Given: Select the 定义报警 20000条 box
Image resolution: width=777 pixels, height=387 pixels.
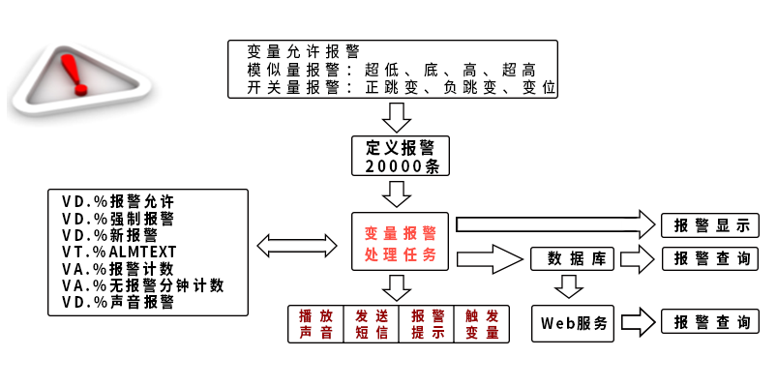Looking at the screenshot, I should tap(401, 156).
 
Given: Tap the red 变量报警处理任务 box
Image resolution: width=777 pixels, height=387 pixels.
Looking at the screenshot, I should tap(401, 243).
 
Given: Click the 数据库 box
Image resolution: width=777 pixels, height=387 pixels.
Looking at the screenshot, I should tap(570, 258).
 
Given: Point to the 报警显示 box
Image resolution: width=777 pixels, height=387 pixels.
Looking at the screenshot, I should tap(710, 225).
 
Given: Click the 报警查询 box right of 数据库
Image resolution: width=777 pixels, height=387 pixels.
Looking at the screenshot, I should tap(710, 258).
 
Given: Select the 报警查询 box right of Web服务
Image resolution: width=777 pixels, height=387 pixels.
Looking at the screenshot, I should tap(710, 323).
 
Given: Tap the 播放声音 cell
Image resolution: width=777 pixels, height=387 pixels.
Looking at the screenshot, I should tap(316, 324).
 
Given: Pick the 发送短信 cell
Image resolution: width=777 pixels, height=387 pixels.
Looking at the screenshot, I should tap(372, 324).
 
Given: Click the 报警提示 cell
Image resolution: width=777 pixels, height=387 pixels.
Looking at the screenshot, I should tap(427, 324).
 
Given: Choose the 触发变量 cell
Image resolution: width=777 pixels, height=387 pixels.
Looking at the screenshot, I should tap(481, 324).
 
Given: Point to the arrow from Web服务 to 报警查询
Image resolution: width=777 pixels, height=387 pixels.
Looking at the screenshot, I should tap(638, 323).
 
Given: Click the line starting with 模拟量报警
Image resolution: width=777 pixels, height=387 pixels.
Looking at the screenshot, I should tap(391, 71).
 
